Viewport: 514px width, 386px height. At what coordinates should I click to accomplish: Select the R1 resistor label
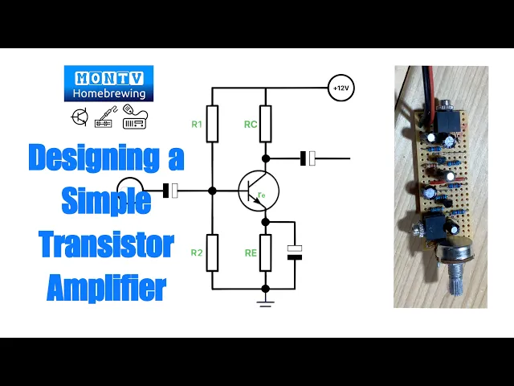point(197,124)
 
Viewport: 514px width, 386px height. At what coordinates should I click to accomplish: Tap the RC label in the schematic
point(250,124)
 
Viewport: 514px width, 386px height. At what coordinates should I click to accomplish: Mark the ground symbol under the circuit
point(265,302)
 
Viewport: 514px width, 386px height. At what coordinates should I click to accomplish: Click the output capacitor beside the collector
point(308,158)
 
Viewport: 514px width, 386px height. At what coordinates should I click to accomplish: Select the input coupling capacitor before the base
point(171,191)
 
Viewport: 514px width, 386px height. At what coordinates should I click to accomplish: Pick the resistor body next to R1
point(212,124)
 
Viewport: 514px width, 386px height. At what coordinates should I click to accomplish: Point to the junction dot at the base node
point(212,191)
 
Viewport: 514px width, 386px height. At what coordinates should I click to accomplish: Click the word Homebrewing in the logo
point(108,92)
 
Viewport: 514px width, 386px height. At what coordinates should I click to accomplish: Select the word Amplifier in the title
point(106,286)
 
